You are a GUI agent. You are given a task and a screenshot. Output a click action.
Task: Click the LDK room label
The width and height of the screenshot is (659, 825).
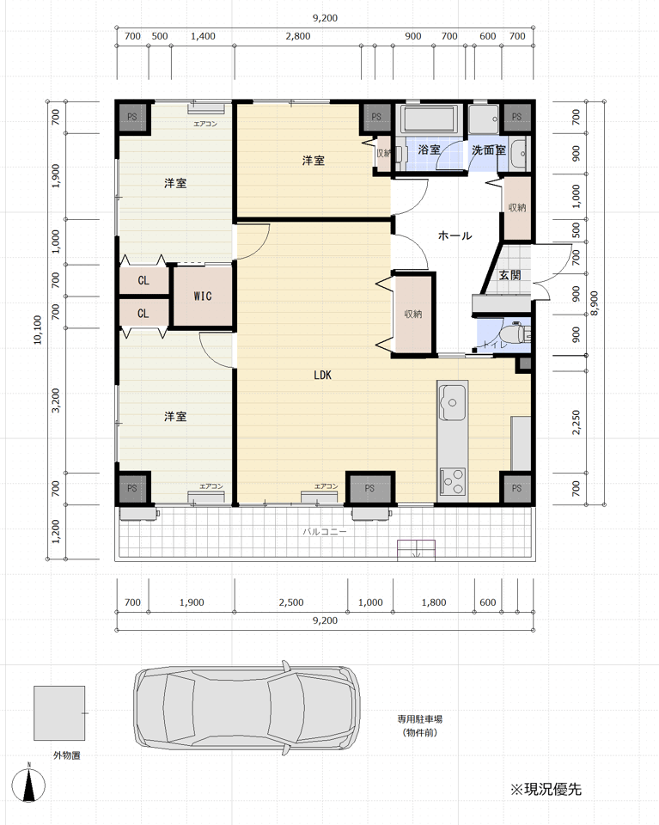tap(322, 375)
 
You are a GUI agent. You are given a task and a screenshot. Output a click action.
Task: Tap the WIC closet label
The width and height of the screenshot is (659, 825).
tap(203, 296)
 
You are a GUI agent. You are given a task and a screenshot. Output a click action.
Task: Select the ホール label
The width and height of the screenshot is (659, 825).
tap(455, 235)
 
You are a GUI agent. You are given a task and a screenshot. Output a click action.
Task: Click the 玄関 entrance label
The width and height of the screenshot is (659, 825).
tap(510, 275)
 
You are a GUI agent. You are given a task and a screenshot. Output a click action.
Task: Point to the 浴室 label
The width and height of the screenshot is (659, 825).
tap(429, 150)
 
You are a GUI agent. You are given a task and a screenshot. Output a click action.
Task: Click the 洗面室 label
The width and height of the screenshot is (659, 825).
tap(489, 150)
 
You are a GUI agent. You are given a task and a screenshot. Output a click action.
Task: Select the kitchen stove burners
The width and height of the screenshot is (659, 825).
tap(452, 481)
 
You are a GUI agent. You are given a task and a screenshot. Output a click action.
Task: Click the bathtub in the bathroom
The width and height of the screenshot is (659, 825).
tap(429, 119)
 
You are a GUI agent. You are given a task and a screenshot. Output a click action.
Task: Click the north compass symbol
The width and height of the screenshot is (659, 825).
tap(29, 784)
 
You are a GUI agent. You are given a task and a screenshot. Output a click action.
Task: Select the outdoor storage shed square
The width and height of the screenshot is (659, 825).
tap(59, 713)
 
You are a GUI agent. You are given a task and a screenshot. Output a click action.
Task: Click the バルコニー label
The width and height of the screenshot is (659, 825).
tap(325, 531)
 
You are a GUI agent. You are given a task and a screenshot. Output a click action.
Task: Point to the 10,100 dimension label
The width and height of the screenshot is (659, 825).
tap(37, 330)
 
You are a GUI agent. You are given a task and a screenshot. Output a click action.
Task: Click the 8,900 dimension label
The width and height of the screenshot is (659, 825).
tap(594, 303)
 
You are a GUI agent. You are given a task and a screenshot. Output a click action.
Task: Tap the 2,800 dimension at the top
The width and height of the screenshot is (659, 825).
tap(298, 36)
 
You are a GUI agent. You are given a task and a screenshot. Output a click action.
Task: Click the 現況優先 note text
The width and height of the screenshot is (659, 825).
tap(546, 789)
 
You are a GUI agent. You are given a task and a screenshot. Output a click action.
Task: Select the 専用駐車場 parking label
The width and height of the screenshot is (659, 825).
tap(419, 719)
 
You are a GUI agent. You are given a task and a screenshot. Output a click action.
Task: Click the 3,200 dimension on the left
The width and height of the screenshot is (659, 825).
tap(56, 400)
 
